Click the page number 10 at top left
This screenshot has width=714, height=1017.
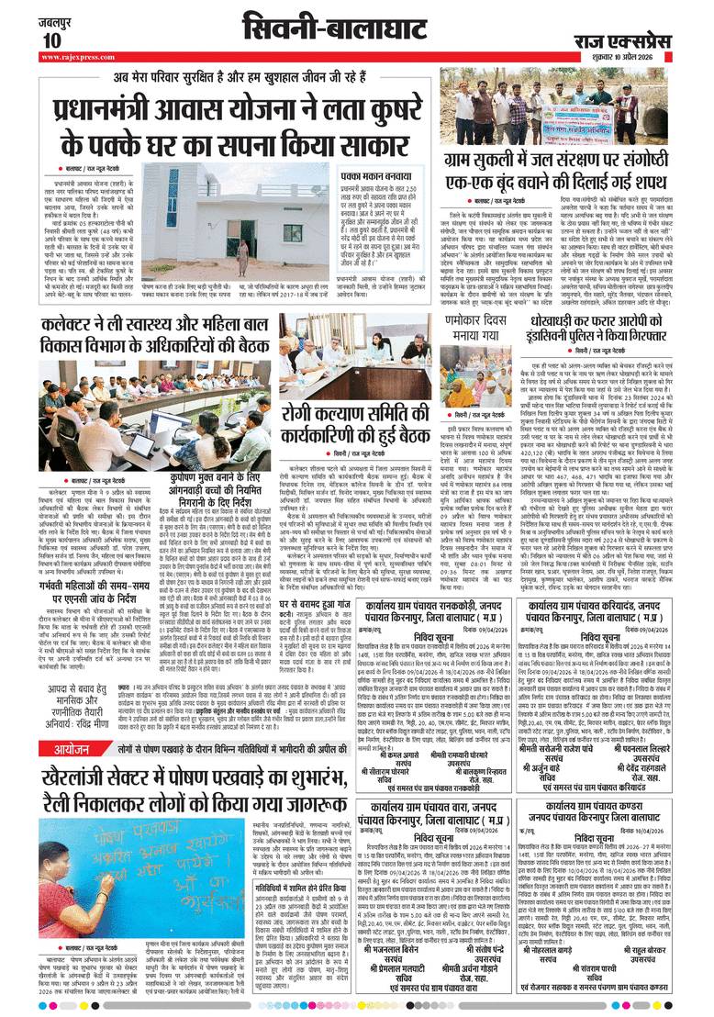click(50, 39)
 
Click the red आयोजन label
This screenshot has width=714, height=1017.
click(68, 751)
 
